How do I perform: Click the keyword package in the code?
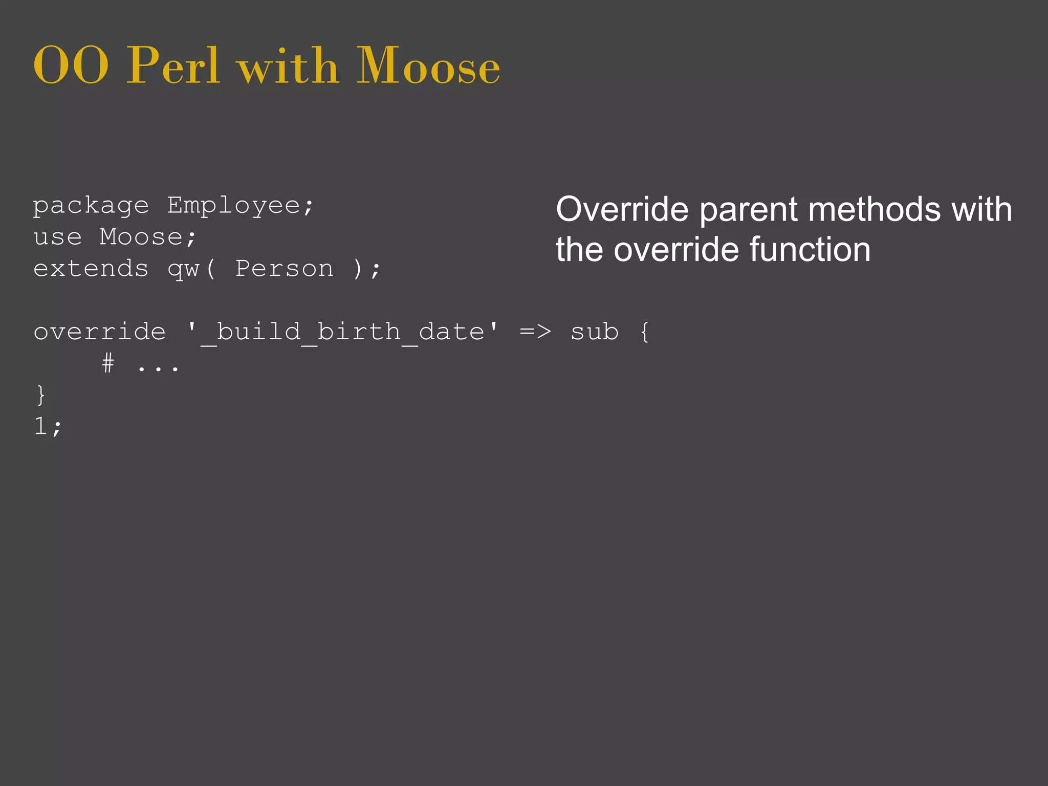(91, 207)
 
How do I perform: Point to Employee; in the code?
(241, 207)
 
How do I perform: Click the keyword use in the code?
(58, 237)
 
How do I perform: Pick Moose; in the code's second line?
(148, 237)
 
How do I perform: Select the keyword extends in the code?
(91, 269)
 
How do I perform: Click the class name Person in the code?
(284, 269)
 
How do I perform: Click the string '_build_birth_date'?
(342, 332)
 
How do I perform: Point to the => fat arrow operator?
(535, 332)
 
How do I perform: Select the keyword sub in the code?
(595, 332)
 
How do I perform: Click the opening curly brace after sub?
(645, 332)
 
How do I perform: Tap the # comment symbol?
(108, 364)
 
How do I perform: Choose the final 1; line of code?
(48, 426)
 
